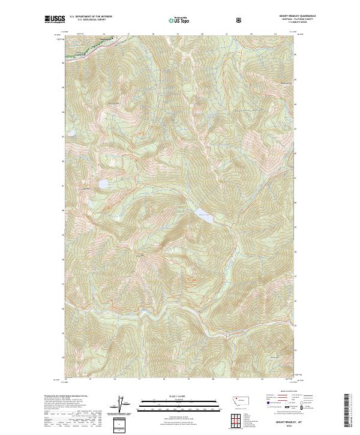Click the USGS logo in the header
tap(55, 20)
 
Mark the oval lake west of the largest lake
tap(103, 184)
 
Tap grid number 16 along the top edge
tap(103, 35)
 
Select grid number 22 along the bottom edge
tap(263, 379)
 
